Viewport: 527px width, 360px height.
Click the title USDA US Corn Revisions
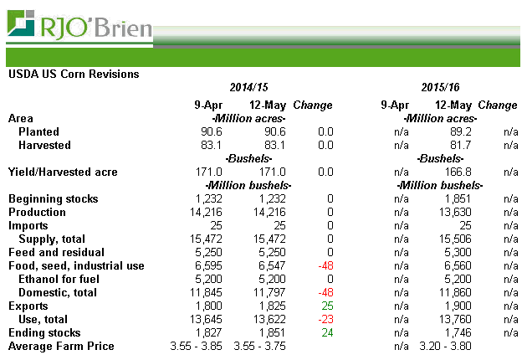pos(74,74)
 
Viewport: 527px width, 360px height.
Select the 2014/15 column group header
pos(250,87)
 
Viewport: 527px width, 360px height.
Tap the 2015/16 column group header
pos(441,87)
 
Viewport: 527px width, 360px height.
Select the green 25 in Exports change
pos(326,306)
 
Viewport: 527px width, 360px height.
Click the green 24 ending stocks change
pos(326,332)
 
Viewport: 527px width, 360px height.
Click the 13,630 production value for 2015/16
pos(453,212)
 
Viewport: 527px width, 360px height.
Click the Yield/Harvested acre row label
pos(63,172)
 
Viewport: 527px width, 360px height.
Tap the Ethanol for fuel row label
pos(58,279)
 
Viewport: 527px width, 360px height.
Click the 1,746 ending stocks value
pos(456,332)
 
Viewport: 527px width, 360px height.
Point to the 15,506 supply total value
pos(453,239)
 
